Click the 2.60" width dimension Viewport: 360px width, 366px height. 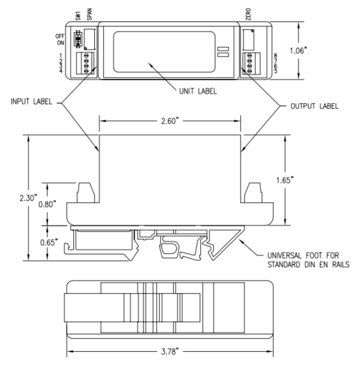click(170, 120)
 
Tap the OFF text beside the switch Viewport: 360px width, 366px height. click(60, 35)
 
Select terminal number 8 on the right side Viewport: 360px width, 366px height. click(274, 56)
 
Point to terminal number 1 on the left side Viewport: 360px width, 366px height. click(60, 56)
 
